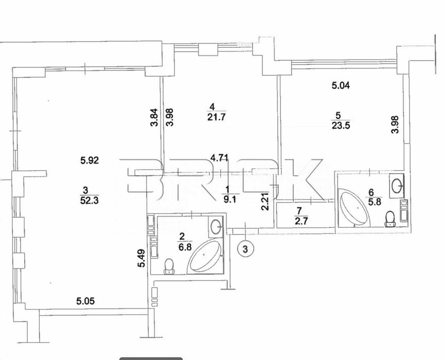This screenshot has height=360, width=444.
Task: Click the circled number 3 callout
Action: (246, 249)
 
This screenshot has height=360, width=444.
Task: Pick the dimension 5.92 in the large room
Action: (90, 160)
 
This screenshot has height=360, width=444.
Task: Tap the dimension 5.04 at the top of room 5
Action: (341, 86)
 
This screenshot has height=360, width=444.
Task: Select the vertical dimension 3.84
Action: (153, 119)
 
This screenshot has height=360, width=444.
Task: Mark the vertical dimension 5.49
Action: (140, 258)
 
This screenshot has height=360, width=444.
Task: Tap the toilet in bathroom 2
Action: (168, 265)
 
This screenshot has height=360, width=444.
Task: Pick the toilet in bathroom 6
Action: (390, 219)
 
